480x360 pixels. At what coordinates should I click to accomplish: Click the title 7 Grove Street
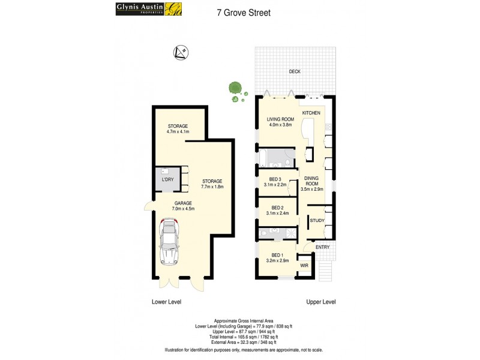243,12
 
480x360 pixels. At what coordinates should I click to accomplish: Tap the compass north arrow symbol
179,53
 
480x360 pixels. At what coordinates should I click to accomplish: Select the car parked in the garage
170,242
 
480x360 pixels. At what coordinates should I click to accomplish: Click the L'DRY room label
168,179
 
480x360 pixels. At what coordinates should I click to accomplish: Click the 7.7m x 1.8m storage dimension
212,186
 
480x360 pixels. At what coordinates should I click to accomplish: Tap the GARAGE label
183,203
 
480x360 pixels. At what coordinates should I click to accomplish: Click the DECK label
294,71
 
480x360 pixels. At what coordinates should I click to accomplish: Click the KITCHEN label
311,113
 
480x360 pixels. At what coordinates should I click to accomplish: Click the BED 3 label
275,179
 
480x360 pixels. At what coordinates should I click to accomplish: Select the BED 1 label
277,254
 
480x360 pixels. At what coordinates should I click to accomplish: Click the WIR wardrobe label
304,265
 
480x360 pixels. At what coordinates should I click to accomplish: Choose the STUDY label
317,220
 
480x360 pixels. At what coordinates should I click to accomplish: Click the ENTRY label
322,247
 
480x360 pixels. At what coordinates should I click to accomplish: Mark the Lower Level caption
166,302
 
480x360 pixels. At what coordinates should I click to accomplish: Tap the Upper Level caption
320,302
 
